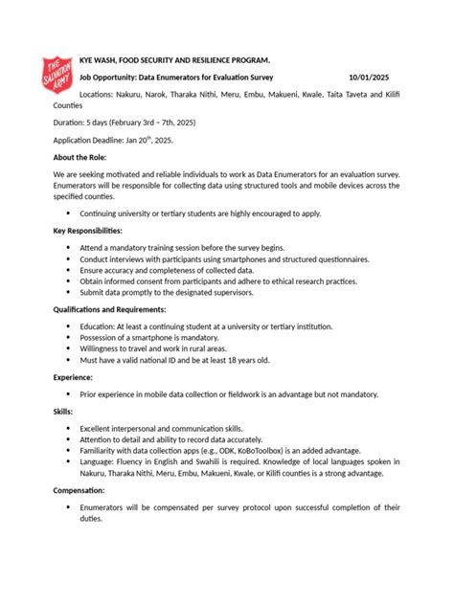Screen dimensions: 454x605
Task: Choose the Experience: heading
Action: (73, 377)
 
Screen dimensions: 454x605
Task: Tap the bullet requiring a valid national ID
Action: (174, 360)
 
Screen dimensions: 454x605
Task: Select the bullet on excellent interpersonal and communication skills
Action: (161, 428)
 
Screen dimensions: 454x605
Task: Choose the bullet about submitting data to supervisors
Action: (182, 293)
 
